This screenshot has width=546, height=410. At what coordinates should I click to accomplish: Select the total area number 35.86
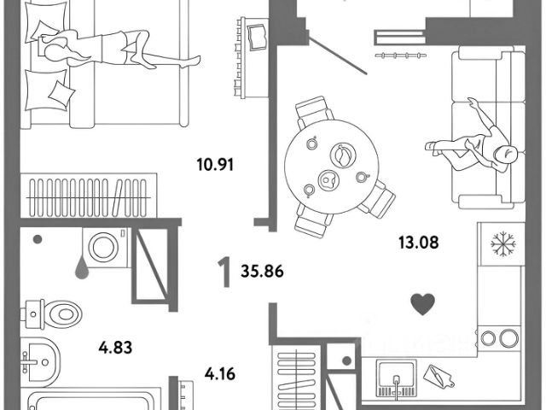262,274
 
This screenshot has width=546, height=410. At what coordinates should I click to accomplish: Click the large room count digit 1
224,274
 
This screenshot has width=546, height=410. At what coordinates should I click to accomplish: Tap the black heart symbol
421,302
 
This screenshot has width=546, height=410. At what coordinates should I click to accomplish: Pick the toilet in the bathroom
47,313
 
